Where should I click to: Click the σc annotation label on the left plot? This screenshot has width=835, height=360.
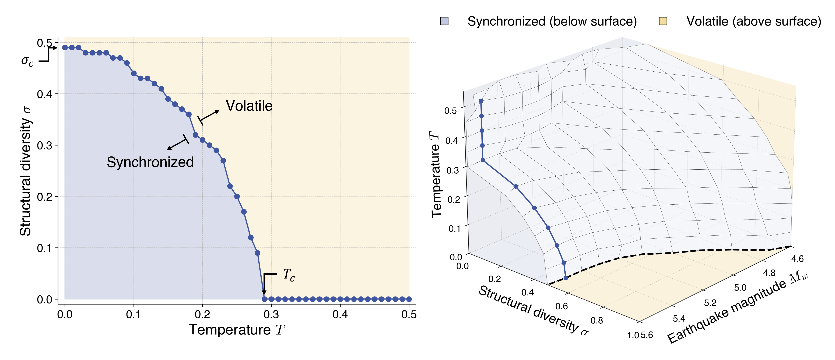27,61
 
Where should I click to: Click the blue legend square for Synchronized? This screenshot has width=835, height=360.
444,21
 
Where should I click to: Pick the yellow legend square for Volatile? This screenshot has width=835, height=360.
663,21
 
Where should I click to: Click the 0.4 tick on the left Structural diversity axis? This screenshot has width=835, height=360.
44,94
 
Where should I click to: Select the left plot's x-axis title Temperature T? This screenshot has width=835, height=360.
237,330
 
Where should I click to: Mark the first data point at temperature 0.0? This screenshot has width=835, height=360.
65,48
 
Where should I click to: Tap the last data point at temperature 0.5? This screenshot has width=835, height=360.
409,299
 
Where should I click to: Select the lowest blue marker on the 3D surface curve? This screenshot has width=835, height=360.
566,278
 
